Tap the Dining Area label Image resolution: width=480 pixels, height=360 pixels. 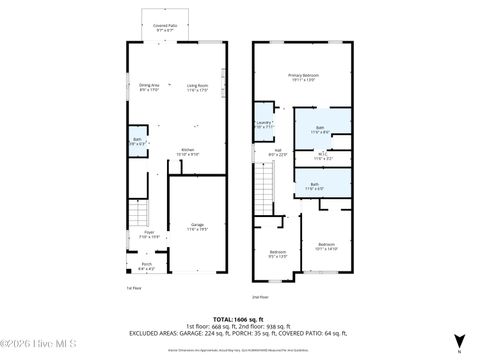(149, 87)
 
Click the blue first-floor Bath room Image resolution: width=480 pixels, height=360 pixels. (137, 141)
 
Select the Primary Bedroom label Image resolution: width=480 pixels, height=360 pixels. (304, 77)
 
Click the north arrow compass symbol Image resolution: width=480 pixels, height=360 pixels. (458, 341)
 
